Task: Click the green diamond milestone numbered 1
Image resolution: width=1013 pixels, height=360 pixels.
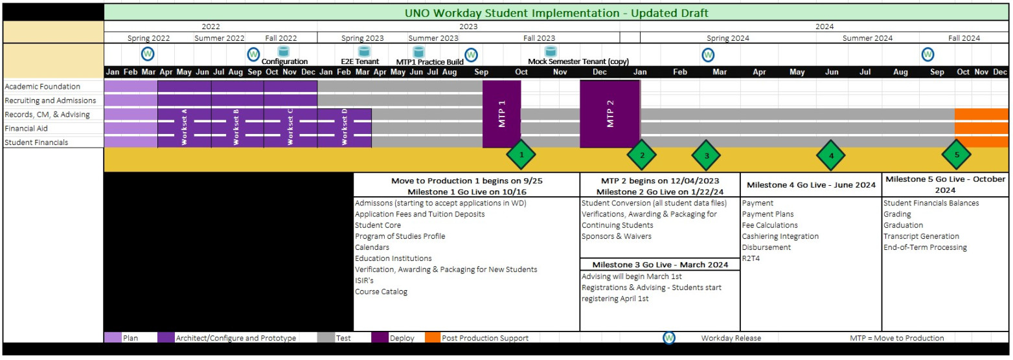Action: [x=520, y=155]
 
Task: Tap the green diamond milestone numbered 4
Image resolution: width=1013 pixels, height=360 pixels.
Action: [x=831, y=155]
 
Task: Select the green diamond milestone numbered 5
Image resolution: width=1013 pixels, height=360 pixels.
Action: [x=956, y=155]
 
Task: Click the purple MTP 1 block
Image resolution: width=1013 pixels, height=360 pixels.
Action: [x=501, y=114]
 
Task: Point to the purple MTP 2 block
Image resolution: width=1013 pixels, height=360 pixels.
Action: [x=609, y=114]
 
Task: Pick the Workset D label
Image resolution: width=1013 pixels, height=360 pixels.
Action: [x=345, y=128]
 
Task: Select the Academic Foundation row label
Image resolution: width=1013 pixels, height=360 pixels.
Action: [x=43, y=87]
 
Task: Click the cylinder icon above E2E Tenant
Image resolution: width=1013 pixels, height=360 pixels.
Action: [x=364, y=51]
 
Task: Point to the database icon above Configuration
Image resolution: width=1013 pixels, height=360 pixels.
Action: [x=283, y=51]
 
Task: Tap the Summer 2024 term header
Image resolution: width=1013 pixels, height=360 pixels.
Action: [x=867, y=38]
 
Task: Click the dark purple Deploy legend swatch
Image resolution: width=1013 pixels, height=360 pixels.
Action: [x=380, y=337]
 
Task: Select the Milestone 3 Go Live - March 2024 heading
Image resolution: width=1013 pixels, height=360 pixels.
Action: [x=659, y=264]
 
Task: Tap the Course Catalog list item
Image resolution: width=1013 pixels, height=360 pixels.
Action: [x=381, y=291]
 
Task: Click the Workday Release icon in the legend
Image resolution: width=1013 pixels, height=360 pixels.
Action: [x=669, y=337]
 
